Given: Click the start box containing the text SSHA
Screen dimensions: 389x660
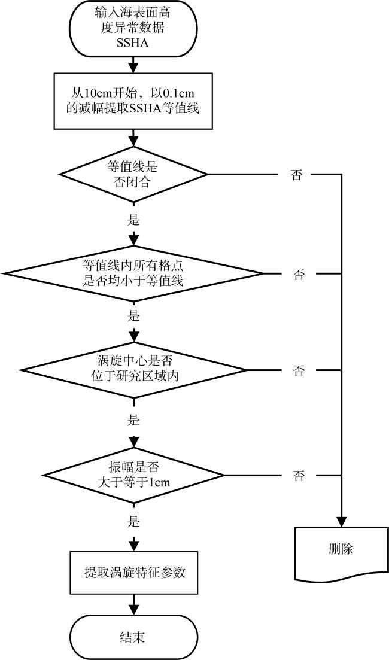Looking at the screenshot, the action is tap(133, 28).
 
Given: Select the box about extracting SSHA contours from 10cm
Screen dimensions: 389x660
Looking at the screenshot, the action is tap(133, 101).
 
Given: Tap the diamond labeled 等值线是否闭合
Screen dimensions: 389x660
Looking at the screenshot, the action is tap(133, 174).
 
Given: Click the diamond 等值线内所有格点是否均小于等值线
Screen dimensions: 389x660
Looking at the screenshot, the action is tap(133, 273).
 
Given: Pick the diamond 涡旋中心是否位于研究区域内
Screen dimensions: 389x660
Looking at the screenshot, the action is tap(133, 370).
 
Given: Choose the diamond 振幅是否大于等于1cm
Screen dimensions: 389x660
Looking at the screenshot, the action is tap(133, 476).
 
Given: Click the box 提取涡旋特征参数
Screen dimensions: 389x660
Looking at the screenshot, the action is tap(133, 573).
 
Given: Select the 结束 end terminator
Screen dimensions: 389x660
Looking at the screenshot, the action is tap(133, 637).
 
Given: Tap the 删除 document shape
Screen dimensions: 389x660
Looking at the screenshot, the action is tap(341, 550).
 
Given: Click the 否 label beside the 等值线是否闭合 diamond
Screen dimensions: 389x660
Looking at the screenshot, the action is tap(296, 175).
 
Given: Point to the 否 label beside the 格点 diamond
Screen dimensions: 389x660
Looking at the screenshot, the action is tap(299, 275).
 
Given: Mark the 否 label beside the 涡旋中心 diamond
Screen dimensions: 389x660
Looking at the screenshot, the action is tap(299, 371).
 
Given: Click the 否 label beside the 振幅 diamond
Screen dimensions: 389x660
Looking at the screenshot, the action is tap(299, 476).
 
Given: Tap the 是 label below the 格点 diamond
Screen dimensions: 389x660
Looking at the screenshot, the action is tap(133, 316).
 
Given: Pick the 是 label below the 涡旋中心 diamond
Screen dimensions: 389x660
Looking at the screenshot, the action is tap(133, 420).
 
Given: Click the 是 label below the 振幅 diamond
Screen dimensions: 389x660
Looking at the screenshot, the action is tap(133, 522).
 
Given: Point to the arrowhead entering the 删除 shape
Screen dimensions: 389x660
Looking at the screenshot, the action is tap(341, 521).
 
